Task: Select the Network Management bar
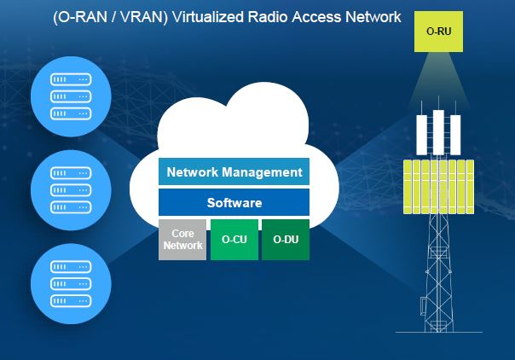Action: click(234, 171)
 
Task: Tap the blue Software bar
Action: click(234, 203)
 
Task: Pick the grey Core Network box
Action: click(182, 240)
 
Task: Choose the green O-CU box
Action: click(234, 240)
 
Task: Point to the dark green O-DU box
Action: click(285, 240)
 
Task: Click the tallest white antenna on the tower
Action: click(438, 131)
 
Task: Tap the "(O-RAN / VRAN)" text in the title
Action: click(98, 16)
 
